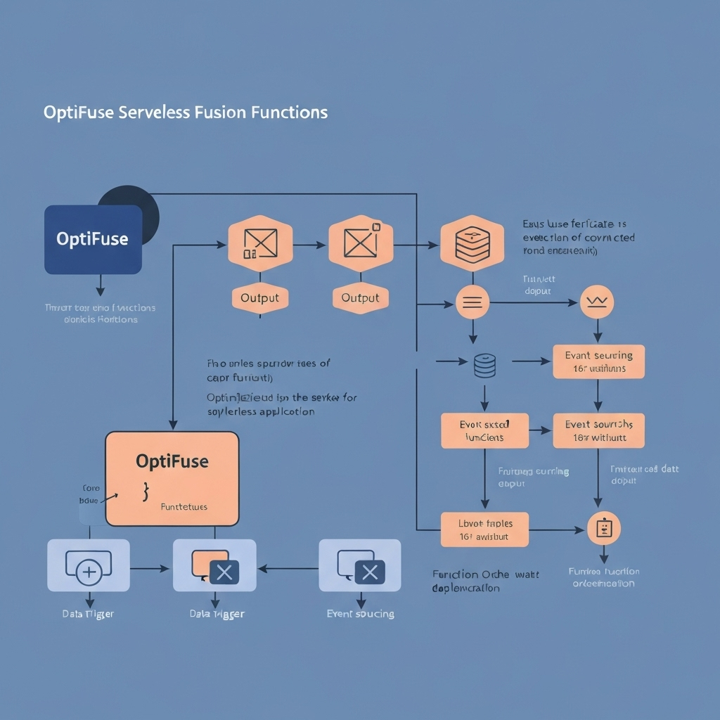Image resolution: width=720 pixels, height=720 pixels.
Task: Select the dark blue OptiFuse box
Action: (93, 240)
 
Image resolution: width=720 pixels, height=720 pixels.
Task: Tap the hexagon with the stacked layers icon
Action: (472, 243)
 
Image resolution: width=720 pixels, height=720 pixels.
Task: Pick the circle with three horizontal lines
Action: (472, 303)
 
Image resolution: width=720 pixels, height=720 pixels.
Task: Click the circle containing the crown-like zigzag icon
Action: (597, 303)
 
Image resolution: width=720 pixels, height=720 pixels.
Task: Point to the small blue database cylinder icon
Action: (485, 365)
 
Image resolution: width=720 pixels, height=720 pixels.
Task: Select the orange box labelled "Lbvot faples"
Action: (485, 529)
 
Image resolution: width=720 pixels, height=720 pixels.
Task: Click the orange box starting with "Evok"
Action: (484, 430)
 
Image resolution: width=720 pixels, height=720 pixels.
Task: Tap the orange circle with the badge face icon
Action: (604, 528)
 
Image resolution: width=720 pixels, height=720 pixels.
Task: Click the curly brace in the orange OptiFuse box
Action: (146, 491)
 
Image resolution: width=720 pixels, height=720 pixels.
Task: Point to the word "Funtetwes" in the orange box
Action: (184, 506)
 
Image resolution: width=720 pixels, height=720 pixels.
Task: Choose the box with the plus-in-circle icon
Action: (89, 565)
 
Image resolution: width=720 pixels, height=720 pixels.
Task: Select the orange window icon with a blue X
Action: (215, 566)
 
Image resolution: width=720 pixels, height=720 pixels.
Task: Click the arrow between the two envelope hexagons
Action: (310, 245)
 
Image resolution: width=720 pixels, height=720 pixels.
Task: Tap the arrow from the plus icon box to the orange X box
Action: (151, 567)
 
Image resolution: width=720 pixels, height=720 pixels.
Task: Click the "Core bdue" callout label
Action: (91, 494)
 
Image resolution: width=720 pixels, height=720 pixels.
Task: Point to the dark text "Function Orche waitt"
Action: (485, 574)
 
